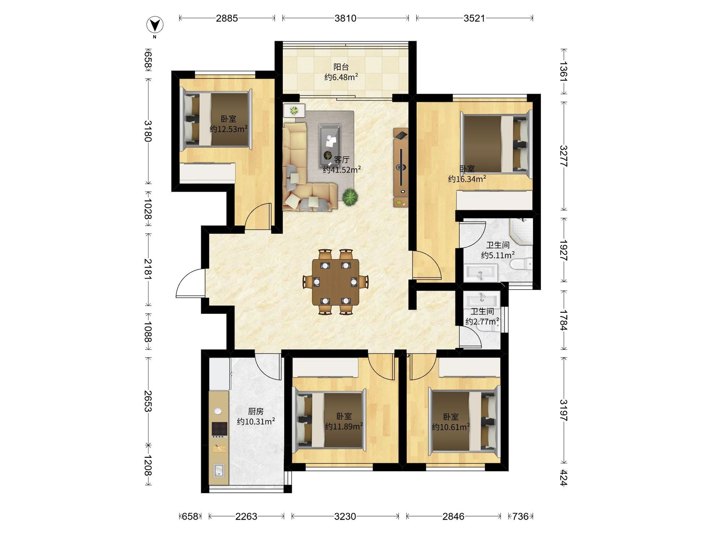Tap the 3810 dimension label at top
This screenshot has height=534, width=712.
345,18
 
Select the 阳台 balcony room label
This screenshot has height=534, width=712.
341,67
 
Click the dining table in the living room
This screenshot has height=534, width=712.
336,282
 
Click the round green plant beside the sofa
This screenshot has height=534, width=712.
350,197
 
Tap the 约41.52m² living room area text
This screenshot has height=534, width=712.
341,170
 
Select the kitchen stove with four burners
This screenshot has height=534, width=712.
220,429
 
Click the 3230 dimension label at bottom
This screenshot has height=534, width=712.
345,516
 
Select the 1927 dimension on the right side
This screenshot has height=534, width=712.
563,250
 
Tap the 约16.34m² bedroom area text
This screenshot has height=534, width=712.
467,179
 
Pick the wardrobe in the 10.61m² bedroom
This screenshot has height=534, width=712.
470,368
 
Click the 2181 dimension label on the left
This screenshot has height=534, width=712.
148,269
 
